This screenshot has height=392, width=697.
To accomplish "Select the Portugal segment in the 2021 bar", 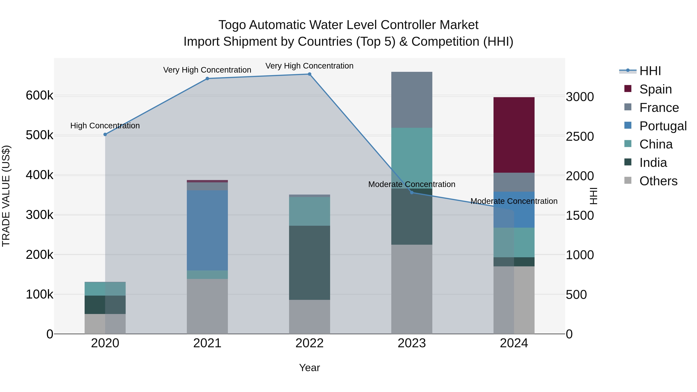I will point(207,230).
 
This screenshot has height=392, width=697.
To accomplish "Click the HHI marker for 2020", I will point(105,135).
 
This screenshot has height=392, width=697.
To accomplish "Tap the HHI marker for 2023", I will point(412,192).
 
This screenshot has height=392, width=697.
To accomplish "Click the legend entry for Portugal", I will point(663,126).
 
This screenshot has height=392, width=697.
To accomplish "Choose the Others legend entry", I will point(658,181).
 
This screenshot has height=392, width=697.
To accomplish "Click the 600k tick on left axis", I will point(39,95).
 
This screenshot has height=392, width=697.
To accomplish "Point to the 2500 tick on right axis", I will point(579,137).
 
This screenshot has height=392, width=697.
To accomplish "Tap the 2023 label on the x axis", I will point(412,343).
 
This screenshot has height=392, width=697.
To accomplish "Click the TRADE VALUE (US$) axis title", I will point(6,196).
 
